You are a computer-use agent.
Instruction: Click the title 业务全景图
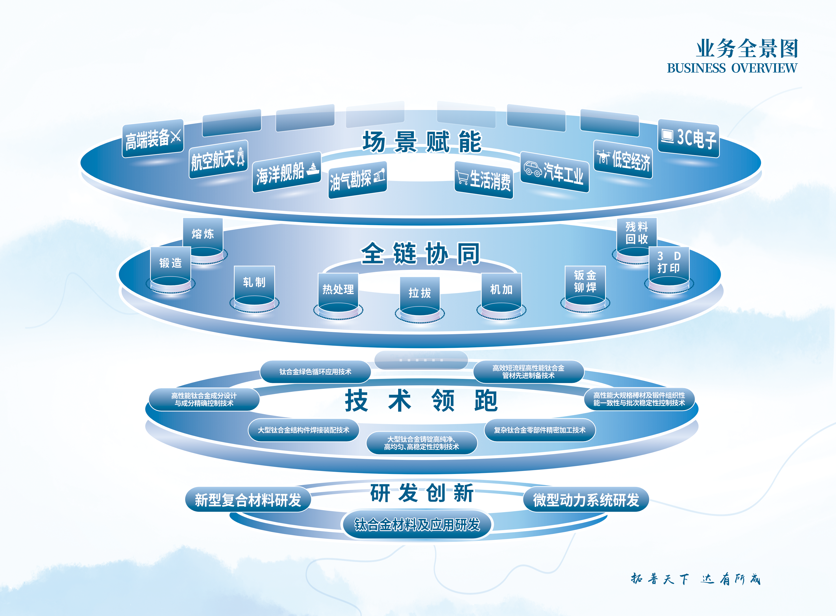click(x=747, y=48)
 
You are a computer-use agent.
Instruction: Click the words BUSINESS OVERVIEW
click(x=732, y=68)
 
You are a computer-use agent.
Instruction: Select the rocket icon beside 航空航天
click(x=241, y=157)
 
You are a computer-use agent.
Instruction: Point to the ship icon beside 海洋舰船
click(x=312, y=169)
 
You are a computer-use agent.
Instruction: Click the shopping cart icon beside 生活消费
click(x=462, y=177)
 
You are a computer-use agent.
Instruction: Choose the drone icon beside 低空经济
click(x=603, y=157)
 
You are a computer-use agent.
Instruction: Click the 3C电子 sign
click(x=688, y=138)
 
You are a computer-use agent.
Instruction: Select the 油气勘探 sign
click(x=357, y=180)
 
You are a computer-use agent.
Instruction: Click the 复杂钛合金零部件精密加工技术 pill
click(x=540, y=430)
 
